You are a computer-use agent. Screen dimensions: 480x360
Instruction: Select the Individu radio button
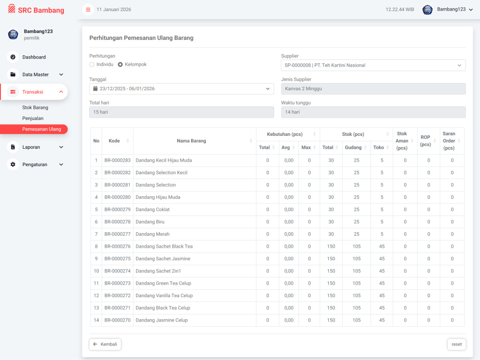pos(92,65)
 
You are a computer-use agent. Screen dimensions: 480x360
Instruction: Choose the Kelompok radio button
pos(120,65)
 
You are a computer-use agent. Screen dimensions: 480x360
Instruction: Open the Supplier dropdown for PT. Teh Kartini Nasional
pos(373,65)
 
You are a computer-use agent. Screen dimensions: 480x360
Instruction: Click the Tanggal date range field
pos(181,89)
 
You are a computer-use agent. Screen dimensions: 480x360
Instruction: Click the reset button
pos(456,344)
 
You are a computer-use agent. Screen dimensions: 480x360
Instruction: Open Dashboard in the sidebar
pos(34,57)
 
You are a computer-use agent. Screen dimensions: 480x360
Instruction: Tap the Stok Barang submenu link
pos(35,108)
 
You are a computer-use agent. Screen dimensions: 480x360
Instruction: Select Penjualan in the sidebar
pos(33,118)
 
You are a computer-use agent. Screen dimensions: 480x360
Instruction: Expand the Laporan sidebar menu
pos(35,147)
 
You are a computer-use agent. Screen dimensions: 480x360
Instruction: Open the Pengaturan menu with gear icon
pos(35,164)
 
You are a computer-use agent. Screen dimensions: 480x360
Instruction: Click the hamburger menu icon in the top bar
pos(88,10)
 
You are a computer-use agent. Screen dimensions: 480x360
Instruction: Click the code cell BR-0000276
pos(118,246)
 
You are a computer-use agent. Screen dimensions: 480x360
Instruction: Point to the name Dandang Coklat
pos(153,209)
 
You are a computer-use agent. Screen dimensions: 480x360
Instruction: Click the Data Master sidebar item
pos(35,74)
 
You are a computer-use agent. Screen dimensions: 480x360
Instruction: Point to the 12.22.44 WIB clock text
pos(399,10)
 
